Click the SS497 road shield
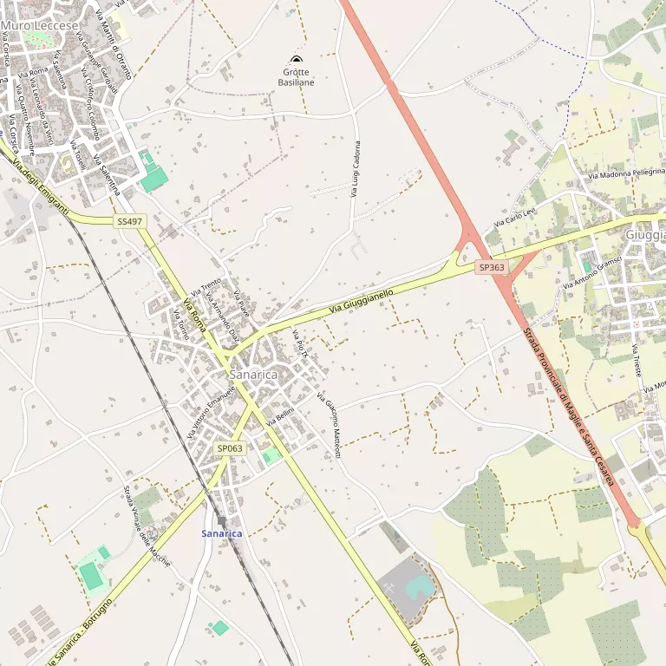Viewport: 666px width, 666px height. pyautogui.click(x=129, y=222)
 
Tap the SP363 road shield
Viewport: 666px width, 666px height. pyautogui.click(x=492, y=268)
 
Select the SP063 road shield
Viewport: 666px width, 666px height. pyautogui.click(x=230, y=448)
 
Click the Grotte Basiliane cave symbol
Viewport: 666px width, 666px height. pyautogui.click(x=296, y=60)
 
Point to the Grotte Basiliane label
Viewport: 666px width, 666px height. pyautogui.click(x=296, y=77)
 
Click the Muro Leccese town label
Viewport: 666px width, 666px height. pyautogui.click(x=40, y=26)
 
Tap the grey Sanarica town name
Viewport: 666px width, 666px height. pyautogui.click(x=253, y=375)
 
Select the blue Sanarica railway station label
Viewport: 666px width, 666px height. pyautogui.click(x=222, y=532)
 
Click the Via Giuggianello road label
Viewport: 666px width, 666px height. pyautogui.click(x=361, y=303)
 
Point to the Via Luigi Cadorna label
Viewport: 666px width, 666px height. pyautogui.click(x=355, y=168)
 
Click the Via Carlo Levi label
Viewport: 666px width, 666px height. pyautogui.click(x=516, y=217)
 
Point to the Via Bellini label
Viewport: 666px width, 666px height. pyautogui.click(x=282, y=415)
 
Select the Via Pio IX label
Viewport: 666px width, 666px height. pyautogui.click(x=300, y=344)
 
